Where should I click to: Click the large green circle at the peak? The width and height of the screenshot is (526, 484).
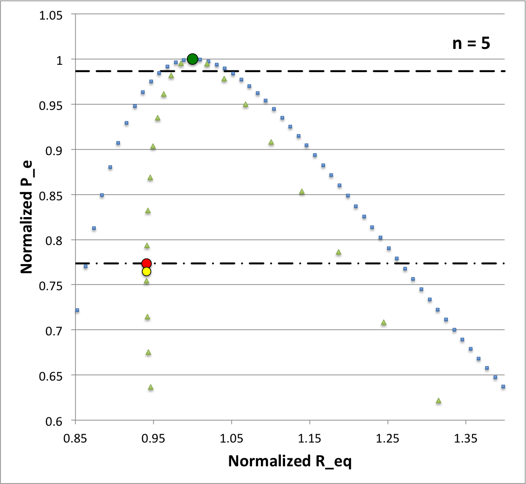pyautogui.click(x=193, y=59)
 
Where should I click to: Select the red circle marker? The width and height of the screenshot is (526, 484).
pyautogui.click(x=146, y=264)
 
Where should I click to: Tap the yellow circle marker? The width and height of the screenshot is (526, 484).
pyautogui.click(x=146, y=272)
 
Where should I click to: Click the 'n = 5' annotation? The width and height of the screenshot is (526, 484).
pyautogui.click(x=471, y=44)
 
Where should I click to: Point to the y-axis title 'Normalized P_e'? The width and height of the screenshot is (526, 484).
pyautogui.click(x=27, y=216)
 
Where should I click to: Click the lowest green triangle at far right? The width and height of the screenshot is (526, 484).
pyautogui.click(x=438, y=401)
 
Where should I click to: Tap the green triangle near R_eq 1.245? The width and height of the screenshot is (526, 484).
pyautogui.click(x=384, y=322)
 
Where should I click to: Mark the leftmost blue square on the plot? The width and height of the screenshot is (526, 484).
pyautogui.click(x=77, y=310)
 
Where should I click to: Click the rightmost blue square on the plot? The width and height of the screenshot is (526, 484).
pyautogui.click(x=503, y=387)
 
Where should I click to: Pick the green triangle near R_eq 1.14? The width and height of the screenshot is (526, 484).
pyautogui.click(x=301, y=191)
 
